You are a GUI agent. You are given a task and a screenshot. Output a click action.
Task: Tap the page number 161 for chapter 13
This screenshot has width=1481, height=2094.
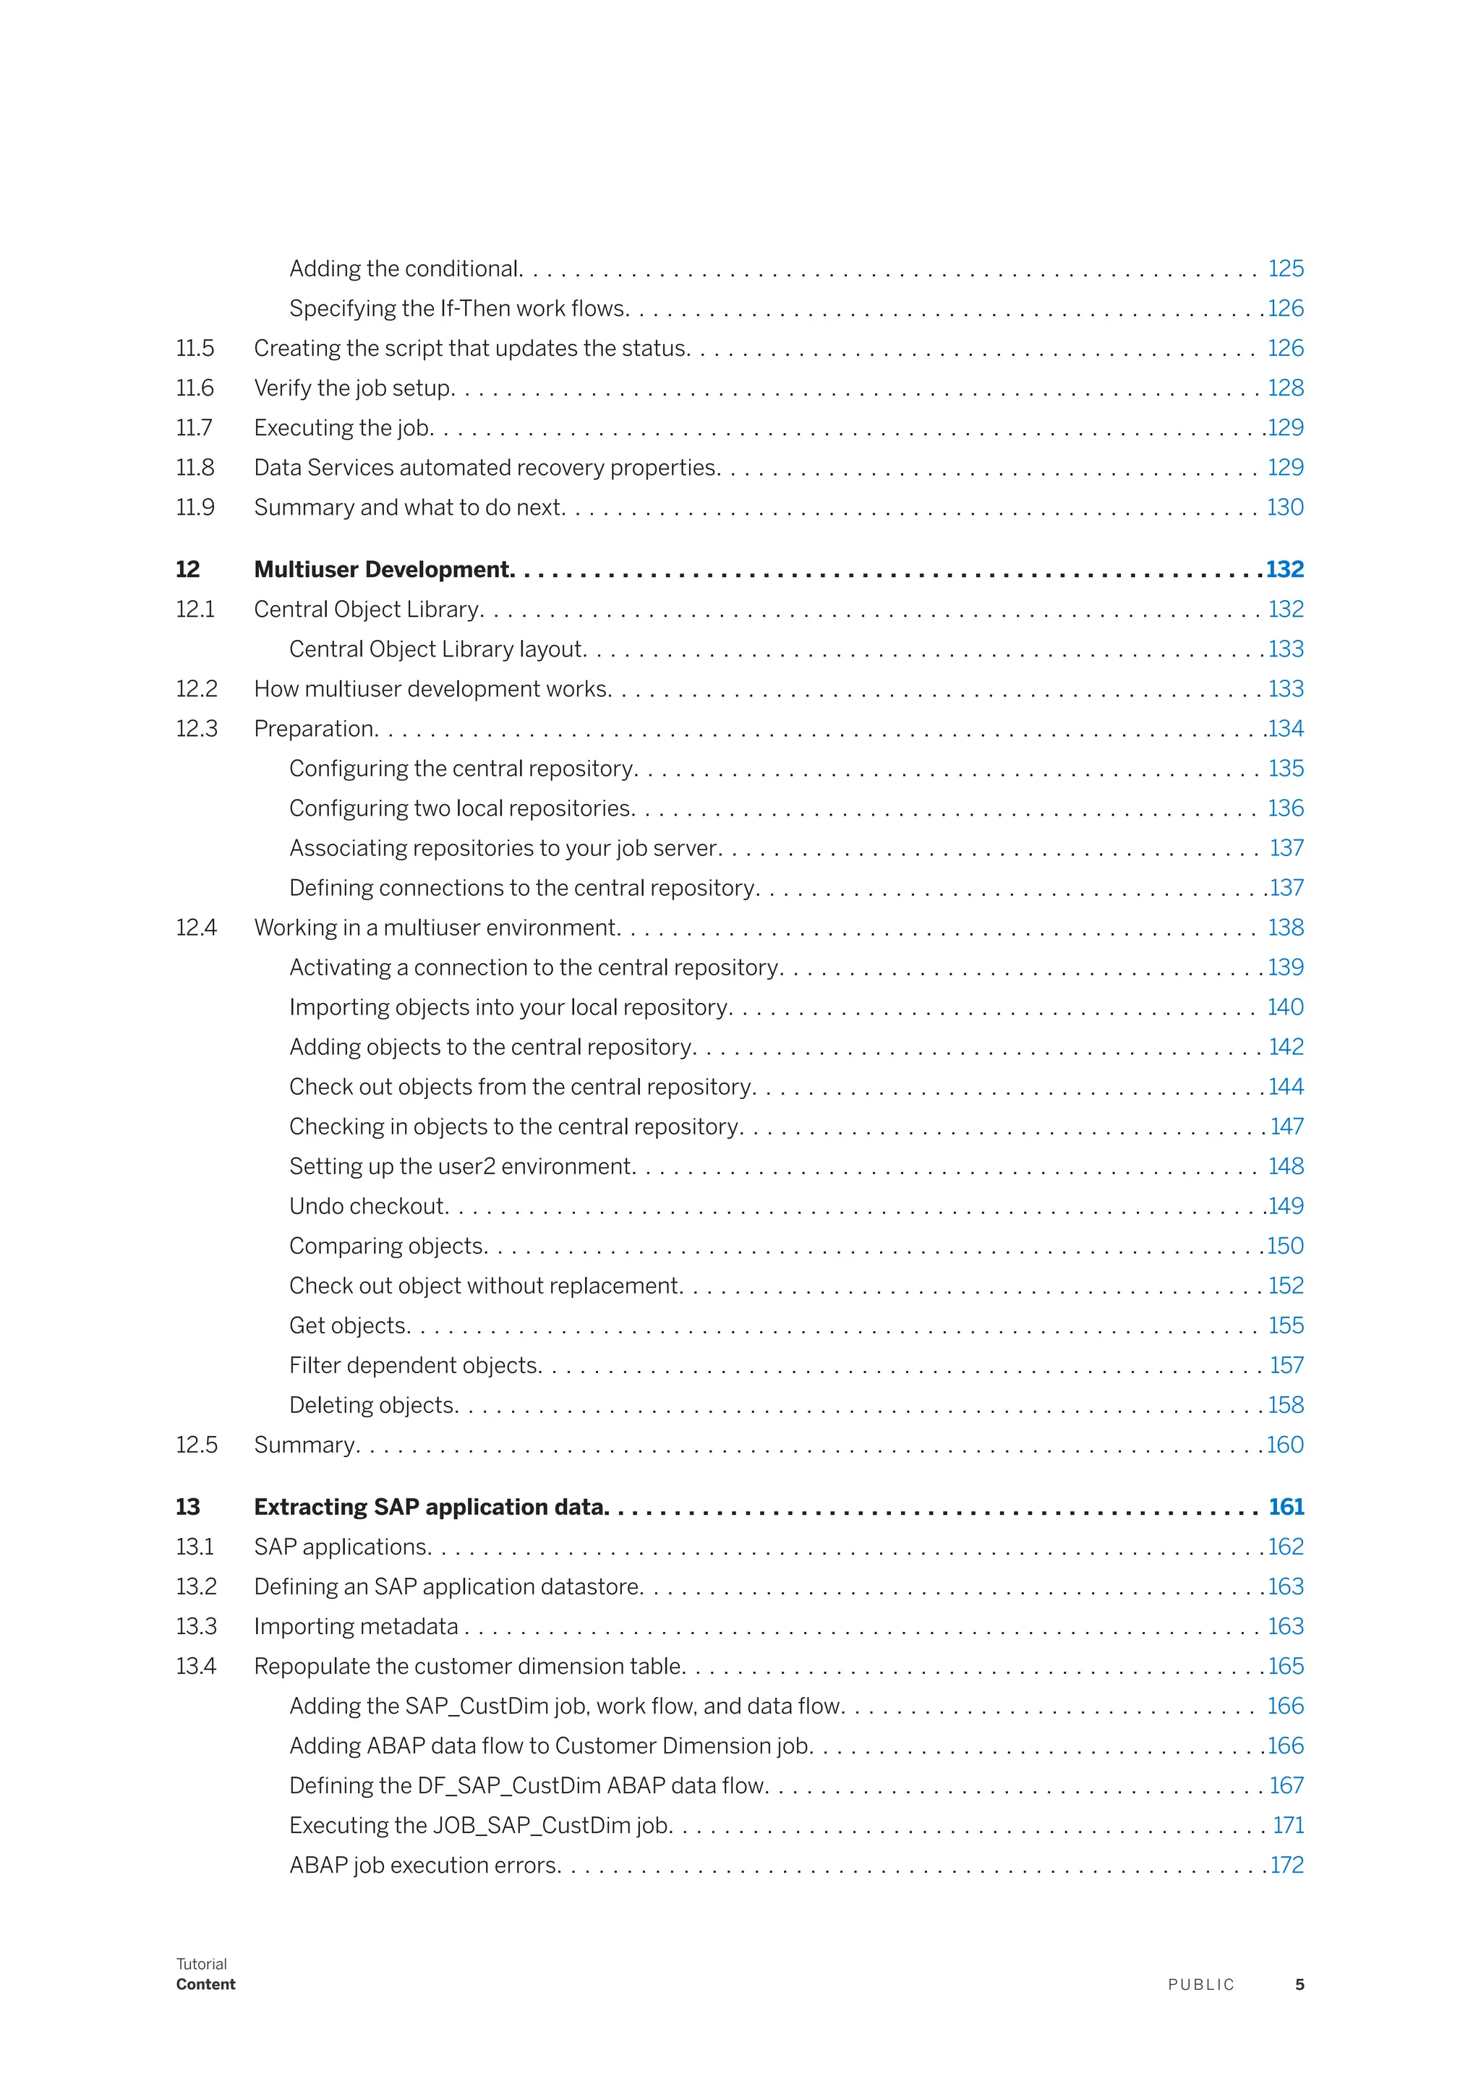pyautogui.click(x=1286, y=1507)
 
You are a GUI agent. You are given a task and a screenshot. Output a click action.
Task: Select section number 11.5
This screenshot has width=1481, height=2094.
pyautogui.click(x=195, y=348)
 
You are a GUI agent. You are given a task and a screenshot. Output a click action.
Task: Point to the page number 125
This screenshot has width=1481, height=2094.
pyautogui.click(x=1286, y=268)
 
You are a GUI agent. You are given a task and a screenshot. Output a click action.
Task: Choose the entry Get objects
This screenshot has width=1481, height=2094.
pyautogui.click(x=349, y=1325)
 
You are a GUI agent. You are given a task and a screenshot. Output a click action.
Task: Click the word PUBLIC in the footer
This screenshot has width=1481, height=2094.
pyautogui.click(x=1201, y=1985)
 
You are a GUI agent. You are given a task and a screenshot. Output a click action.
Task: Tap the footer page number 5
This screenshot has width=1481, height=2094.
pyautogui.click(x=1299, y=1985)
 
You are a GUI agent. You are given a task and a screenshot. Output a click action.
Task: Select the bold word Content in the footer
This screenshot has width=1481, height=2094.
pyautogui.click(x=206, y=1985)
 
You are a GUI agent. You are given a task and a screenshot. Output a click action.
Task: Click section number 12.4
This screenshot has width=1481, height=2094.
pyautogui.click(x=196, y=928)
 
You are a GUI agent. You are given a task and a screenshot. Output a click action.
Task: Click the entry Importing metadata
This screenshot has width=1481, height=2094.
pyautogui.click(x=356, y=1626)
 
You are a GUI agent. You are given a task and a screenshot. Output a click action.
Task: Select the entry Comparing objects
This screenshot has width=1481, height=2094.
pyautogui.click(x=388, y=1246)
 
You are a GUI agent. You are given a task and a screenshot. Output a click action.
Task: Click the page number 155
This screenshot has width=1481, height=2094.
pyautogui.click(x=1286, y=1325)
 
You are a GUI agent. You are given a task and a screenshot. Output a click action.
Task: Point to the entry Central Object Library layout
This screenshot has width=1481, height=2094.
pyautogui.click(x=437, y=649)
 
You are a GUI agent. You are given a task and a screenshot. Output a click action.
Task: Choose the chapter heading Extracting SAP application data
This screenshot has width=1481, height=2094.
pyautogui.click(x=430, y=1507)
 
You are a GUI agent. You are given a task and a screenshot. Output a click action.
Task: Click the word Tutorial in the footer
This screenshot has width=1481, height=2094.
pyautogui.click(x=202, y=1964)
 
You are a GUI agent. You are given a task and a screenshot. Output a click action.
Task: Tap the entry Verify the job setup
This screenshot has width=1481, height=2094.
pyautogui.click(x=353, y=388)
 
